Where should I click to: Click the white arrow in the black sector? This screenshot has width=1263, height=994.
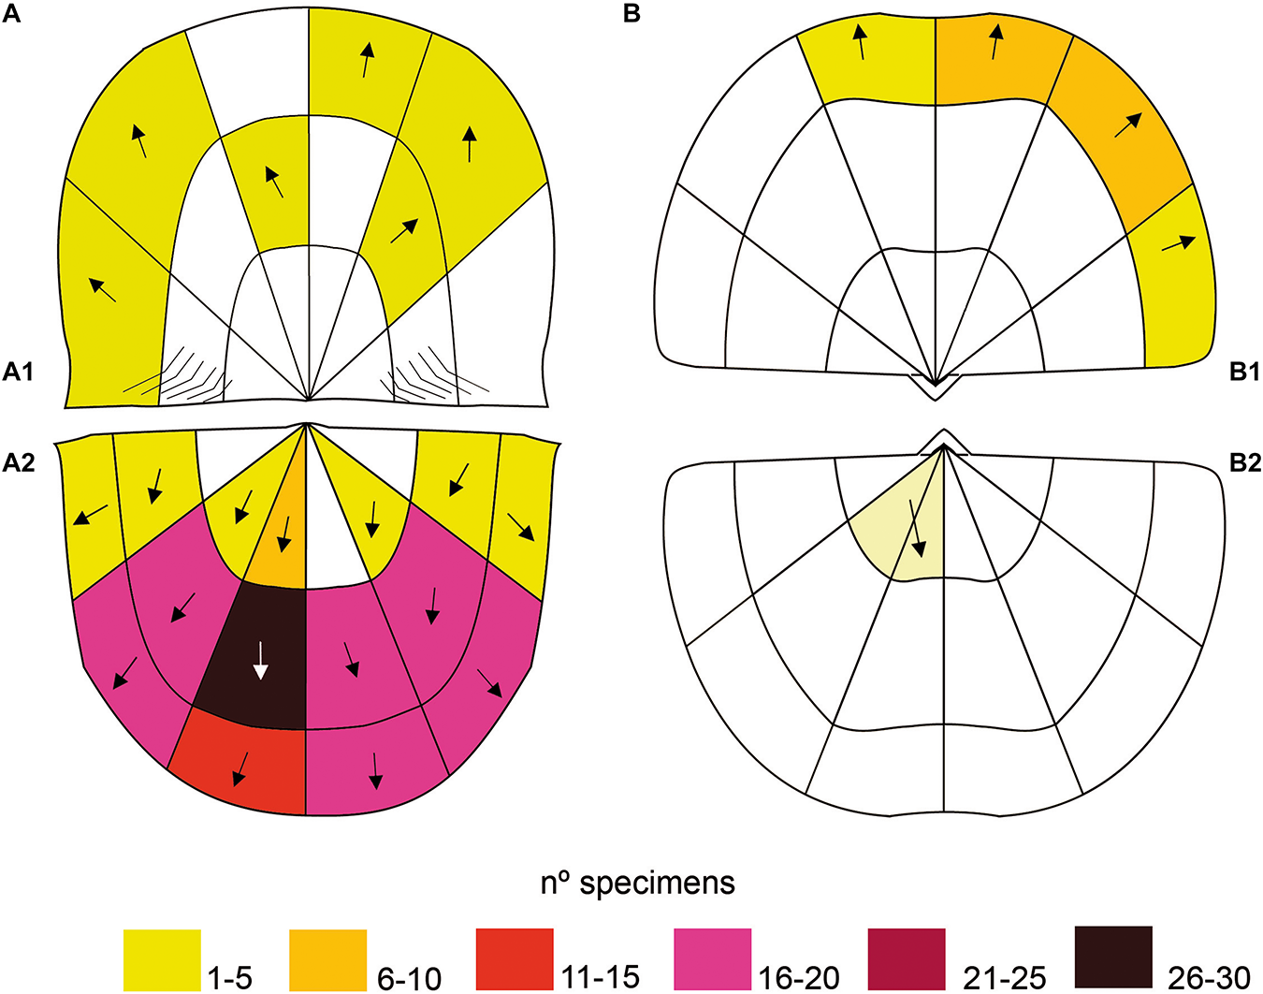(x=261, y=659)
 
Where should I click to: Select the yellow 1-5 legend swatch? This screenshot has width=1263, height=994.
(x=162, y=959)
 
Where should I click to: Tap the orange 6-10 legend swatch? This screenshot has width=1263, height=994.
(x=327, y=959)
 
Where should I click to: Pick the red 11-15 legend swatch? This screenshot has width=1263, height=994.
(x=515, y=957)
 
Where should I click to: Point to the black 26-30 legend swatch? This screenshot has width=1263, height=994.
(x=1113, y=957)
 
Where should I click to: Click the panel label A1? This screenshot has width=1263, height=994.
(x=18, y=373)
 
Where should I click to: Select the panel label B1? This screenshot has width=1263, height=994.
(x=1244, y=373)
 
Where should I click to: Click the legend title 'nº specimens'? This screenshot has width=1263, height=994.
(x=638, y=883)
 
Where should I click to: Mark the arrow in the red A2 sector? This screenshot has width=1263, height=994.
(x=241, y=767)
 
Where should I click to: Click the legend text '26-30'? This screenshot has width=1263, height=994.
(x=1209, y=978)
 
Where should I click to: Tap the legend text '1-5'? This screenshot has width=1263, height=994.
(x=229, y=978)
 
